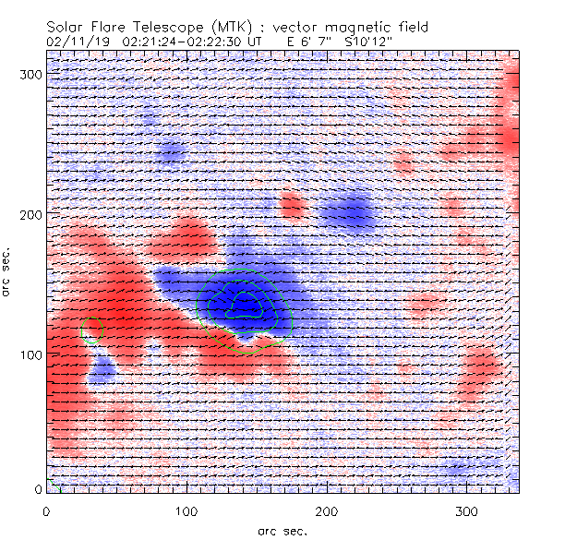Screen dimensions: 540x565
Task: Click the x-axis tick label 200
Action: coord(327,510)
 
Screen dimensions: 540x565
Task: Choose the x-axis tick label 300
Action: coord(467,510)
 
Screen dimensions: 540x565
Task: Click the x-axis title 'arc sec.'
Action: coord(282,530)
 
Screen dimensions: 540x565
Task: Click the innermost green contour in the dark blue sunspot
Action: coord(246,305)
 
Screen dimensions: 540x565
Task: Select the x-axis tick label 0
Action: coord(46,510)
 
